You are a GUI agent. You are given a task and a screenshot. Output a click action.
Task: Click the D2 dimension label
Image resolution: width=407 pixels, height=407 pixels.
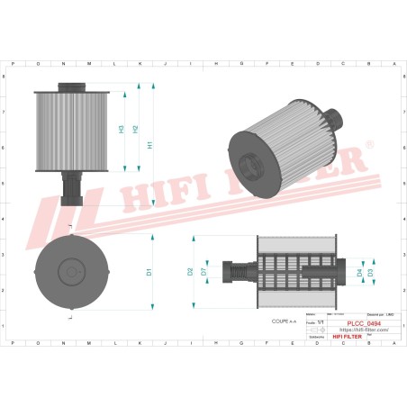point(191,271)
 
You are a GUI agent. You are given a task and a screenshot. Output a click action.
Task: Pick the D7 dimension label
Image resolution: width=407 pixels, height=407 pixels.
point(204,271)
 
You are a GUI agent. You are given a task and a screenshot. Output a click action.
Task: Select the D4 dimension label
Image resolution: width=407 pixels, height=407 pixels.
point(359,271)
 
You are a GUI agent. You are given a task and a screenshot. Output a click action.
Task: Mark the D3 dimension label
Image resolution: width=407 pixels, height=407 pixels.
point(371,271)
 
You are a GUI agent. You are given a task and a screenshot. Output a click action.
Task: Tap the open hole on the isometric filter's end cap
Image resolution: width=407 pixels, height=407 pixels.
point(249,165)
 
